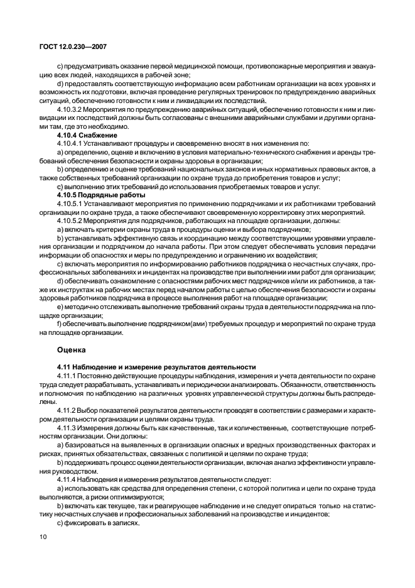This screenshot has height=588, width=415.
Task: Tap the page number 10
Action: point(43,536)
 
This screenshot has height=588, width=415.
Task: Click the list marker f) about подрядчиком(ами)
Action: point(59,324)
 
